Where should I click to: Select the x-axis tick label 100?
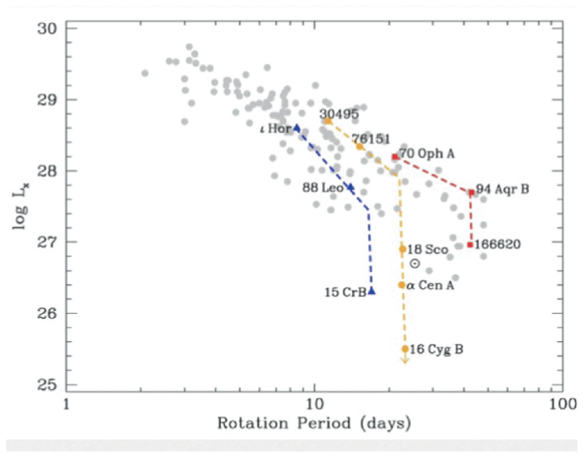560,402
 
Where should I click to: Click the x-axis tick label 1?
66,402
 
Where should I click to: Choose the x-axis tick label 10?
314,402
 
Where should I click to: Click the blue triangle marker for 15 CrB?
371,291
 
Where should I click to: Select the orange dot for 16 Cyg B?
405,349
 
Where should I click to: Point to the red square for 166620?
470,245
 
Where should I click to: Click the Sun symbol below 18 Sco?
414,264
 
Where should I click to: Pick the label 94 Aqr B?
502,188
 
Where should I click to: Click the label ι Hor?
275,129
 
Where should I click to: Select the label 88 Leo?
321,188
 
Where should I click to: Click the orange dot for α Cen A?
402,284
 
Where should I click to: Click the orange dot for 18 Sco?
402,249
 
